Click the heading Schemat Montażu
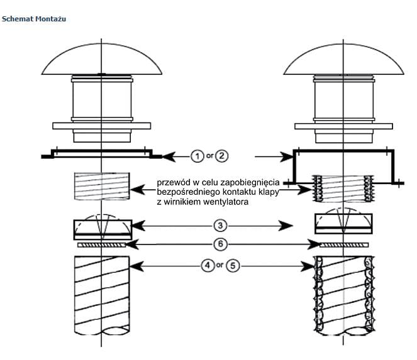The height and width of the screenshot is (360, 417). (x=34, y=19)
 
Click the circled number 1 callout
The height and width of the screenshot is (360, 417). (x=197, y=155)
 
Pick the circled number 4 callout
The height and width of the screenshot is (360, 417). (x=207, y=266)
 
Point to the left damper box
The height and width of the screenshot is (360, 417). (x=102, y=226)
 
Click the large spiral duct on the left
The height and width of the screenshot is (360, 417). (x=101, y=295)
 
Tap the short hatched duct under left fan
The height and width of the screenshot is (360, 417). (x=101, y=187)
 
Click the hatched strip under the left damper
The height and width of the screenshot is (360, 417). (x=101, y=246)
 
